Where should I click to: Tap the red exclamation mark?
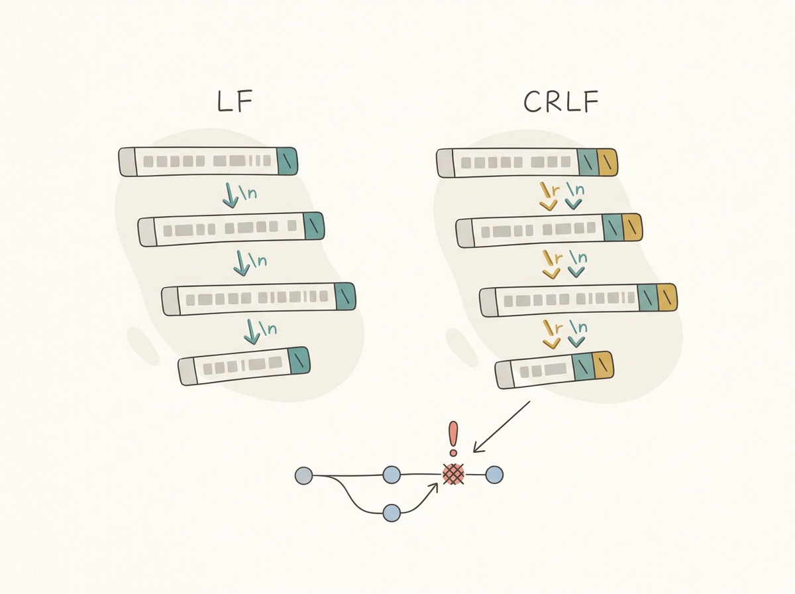tap(453, 438)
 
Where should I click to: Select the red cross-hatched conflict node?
tap(454, 474)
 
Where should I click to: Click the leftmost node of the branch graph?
tap(303, 475)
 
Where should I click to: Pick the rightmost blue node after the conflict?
tap(494, 475)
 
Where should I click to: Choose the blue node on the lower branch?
tap(392, 512)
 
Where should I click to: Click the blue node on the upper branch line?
tap(392, 475)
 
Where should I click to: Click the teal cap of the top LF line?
tap(287, 161)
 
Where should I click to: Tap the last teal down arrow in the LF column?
tap(252, 331)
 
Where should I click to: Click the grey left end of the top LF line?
tap(127, 162)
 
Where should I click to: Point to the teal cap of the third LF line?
tap(345, 296)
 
